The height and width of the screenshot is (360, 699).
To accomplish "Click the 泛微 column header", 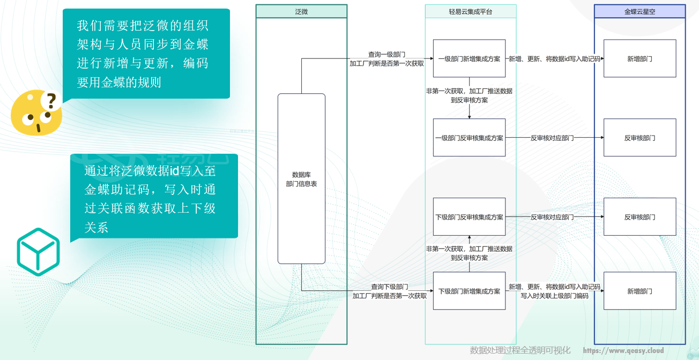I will coord(301,11).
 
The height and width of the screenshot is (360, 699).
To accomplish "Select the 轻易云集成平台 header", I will coord(470,11).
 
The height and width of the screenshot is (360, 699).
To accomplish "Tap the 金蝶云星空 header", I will coord(639,11).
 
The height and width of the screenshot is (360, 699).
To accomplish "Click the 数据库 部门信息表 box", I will coord(301,179).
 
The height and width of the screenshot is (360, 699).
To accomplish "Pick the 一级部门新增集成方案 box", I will coord(469,58).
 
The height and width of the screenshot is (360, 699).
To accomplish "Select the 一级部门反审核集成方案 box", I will coord(469,138).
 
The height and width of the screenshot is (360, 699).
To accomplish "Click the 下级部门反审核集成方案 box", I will coord(469,217).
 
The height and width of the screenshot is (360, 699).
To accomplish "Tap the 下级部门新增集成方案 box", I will coord(469,291).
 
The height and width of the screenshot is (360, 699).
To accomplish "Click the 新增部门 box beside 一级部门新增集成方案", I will coord(639,58).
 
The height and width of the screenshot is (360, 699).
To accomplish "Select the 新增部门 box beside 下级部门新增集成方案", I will coord(639,291).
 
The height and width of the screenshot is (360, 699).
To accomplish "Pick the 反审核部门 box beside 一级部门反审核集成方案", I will coord(639,138).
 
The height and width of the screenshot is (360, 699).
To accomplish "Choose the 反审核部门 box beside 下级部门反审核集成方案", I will coord(639,217).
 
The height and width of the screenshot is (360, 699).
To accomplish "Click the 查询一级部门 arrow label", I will coord(386,54).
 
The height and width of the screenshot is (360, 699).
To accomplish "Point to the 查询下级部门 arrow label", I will coord(390,287).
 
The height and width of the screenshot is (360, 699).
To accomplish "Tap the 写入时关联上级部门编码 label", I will coord(554,296).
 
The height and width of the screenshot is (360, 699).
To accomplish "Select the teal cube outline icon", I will coord(38,252).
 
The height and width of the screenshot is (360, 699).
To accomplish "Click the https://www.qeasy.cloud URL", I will coord(623,351).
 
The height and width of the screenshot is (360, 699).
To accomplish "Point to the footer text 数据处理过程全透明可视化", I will coord(520,350).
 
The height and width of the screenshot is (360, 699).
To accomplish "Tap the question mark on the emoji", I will coord(51,100).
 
